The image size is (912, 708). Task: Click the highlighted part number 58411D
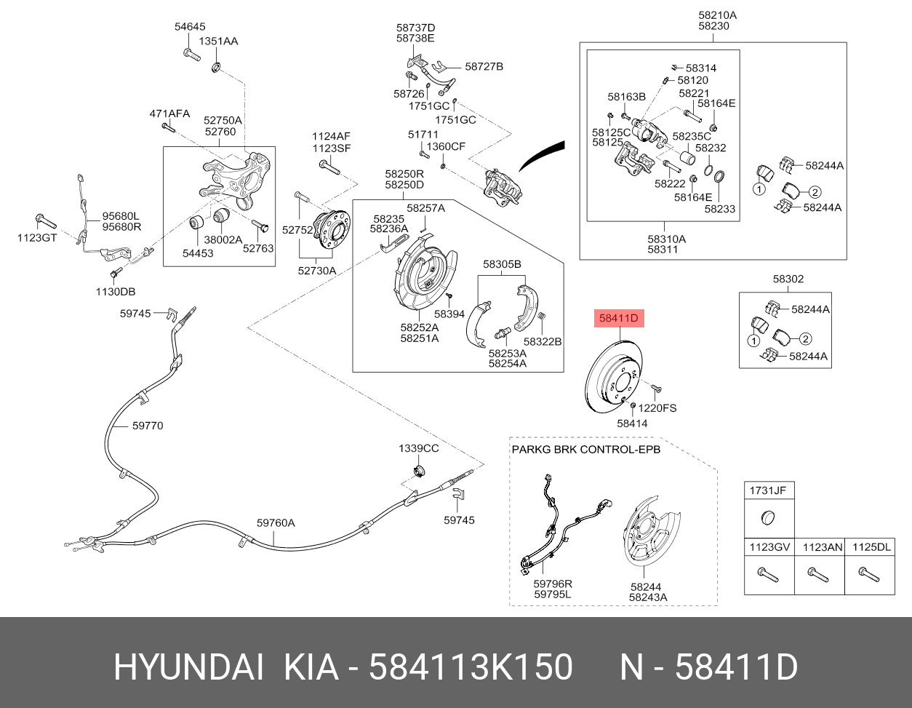pyautogui.click(x=619, y=318)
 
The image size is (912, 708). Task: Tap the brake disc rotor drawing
pyautogui.click(x=613, y=377)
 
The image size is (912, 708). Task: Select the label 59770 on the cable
pyautogui.click(x=148, y=426)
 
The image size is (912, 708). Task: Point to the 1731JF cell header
pyautogui.click(x=768, y=490)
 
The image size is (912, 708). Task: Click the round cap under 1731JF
pyautogui.click(x=768, y=518)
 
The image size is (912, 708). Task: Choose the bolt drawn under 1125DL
pyautogui.click(x=869, y=574)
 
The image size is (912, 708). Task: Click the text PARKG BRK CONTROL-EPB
pyautogui.click(x=586, y=450)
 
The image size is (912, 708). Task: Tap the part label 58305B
pyautogui.click(x=502, y=264)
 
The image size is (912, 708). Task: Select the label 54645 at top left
pyautogui.click(x=190, y=26)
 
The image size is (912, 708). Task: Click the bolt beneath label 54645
pyautogui.click(x=192, y=55)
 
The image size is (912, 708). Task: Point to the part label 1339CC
pyautogui.click(x=418, y=448)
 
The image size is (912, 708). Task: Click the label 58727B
pyautogui.click(x=484, y=67)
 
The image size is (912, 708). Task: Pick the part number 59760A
pyautogui.click(x=276, y=522)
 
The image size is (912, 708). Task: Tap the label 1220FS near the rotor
pyautogui.click(x=657, y=408)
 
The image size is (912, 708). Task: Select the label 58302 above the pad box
pyautogui.click(x=788, y=279)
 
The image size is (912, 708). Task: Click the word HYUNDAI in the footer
pyautogui.click(x=189, y=667)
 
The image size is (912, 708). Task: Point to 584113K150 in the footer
pyautogui.click(x=471, y=667)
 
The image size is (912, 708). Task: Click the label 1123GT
pyautogui.click(x=37, y=238)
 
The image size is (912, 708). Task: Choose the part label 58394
pyautogui.click(x=449, y=314)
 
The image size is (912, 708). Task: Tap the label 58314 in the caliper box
pyautogui.click(x=701, y=68)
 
